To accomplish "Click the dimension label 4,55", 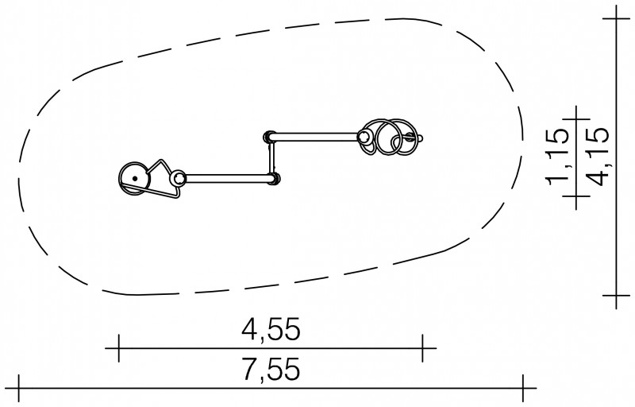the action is tap(271, 329).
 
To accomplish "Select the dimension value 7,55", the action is tap(271, 370).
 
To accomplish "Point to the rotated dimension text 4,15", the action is tap(598, 157).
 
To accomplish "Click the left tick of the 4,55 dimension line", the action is tap(118, 348).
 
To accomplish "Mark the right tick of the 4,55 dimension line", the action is tap(422, 348).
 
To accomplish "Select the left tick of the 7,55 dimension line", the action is tap(18, 388).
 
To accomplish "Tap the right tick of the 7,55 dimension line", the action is tap(523, 388).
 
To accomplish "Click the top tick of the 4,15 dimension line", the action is tap(616, 18).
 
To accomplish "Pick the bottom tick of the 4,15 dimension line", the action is tap(616, 296).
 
